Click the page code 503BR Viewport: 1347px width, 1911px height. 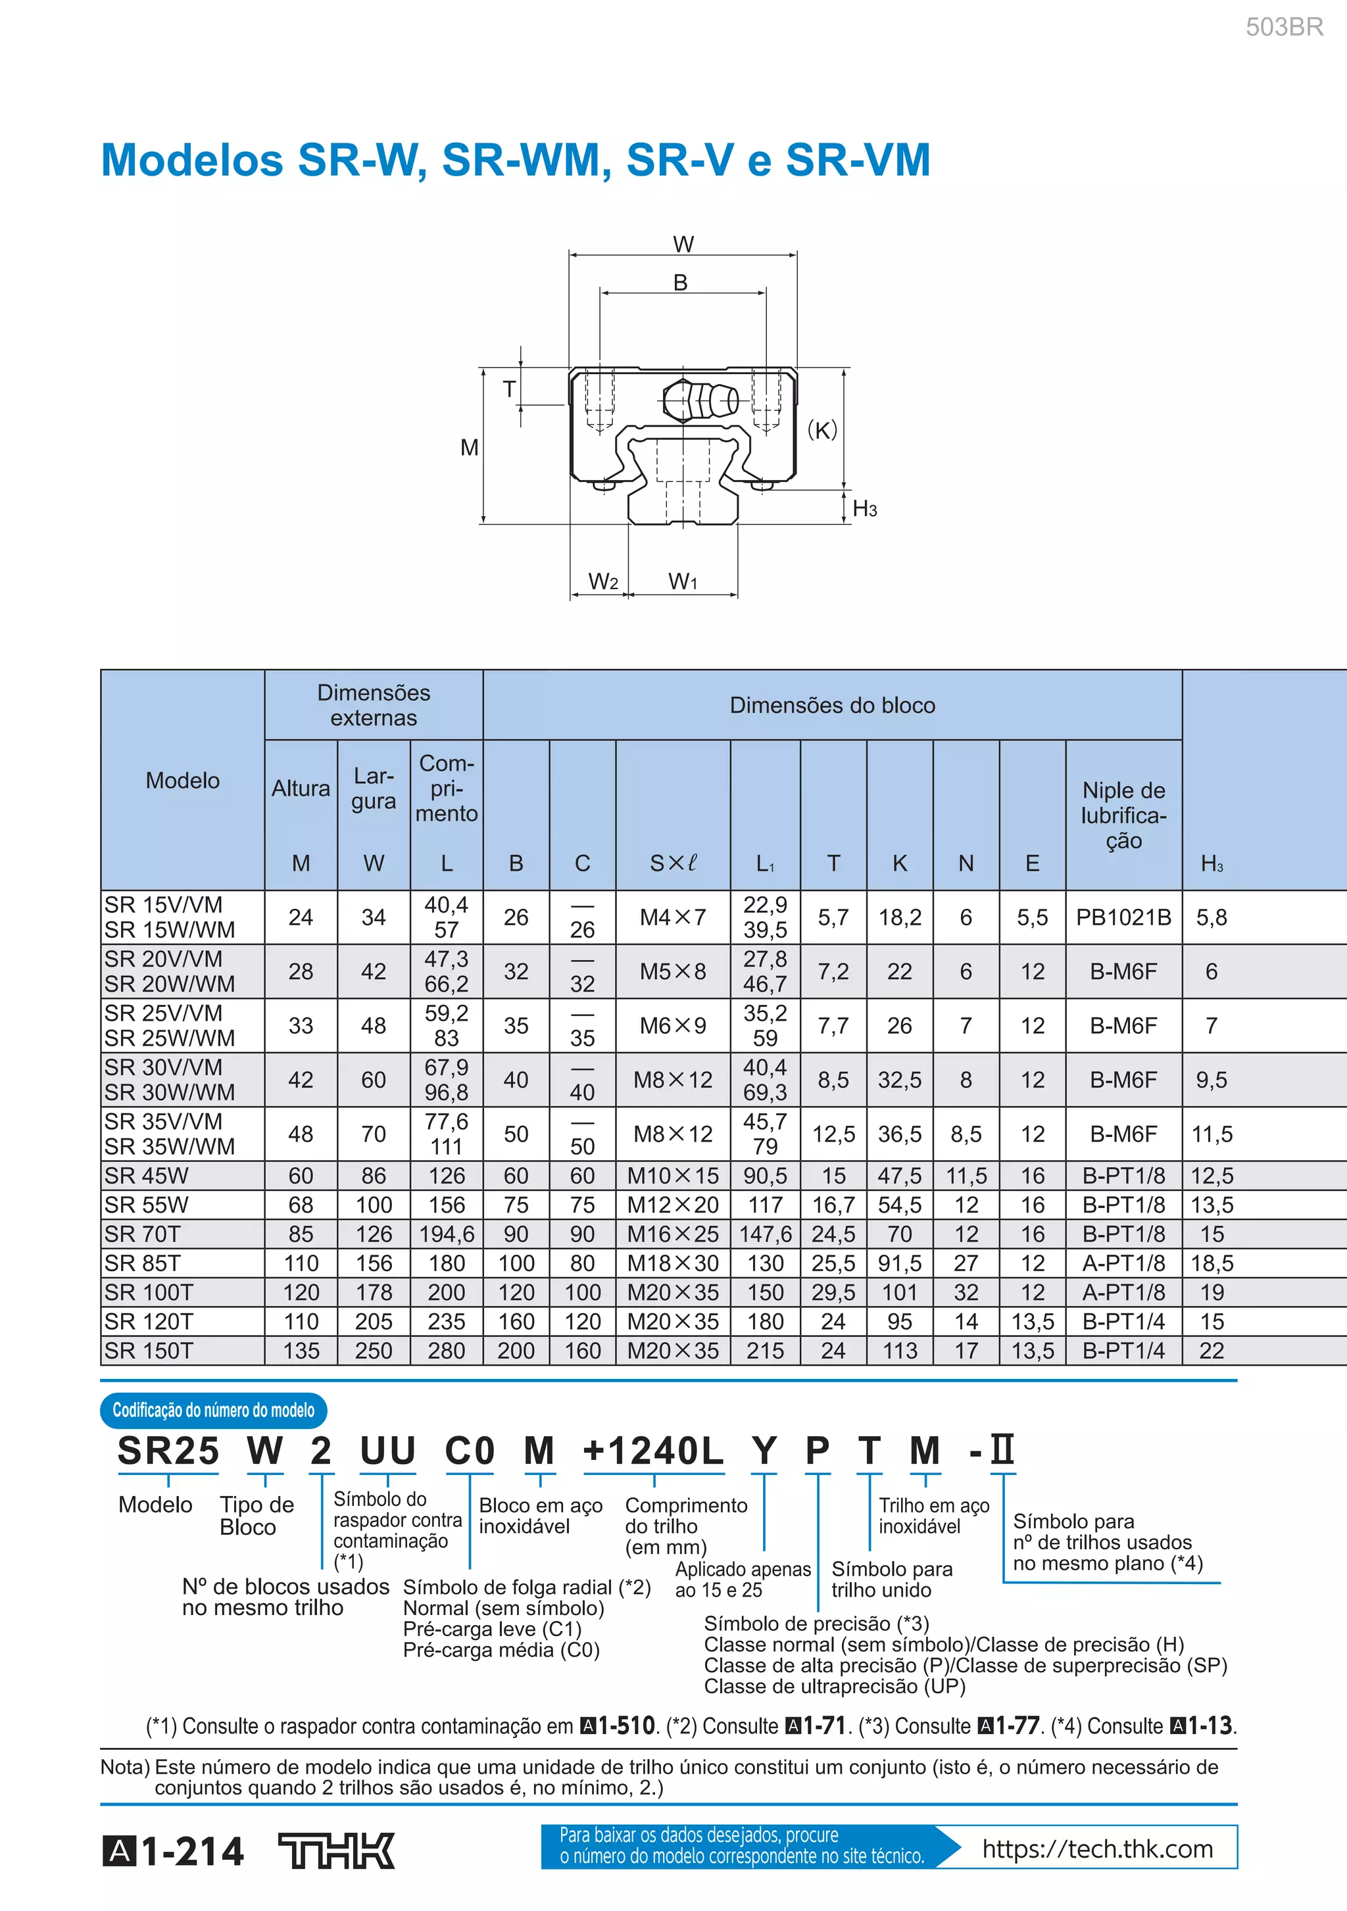(1283, 28)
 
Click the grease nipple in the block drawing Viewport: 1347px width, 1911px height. (702, 400)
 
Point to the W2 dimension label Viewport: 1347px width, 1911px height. (602, 581)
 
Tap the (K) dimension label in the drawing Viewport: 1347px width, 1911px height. (821, 429)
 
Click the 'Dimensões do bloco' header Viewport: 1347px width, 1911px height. (831, 705)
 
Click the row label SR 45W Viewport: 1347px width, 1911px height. (147, 1175)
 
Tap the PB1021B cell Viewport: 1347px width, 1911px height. (1123, 917)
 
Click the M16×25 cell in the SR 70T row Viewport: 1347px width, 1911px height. (673, 1234)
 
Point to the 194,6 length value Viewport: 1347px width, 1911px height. (446, 1234)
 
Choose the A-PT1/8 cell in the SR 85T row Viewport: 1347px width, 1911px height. (1123, 1263)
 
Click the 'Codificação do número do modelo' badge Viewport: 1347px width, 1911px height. (214, 1410)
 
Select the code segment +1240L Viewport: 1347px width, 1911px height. (654, 1451)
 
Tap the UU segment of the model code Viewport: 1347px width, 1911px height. (387, 1451)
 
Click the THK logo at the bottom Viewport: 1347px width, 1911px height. (336, 1851)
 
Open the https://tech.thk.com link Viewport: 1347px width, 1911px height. (1097, 1849)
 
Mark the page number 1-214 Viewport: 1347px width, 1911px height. (191, 1852)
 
